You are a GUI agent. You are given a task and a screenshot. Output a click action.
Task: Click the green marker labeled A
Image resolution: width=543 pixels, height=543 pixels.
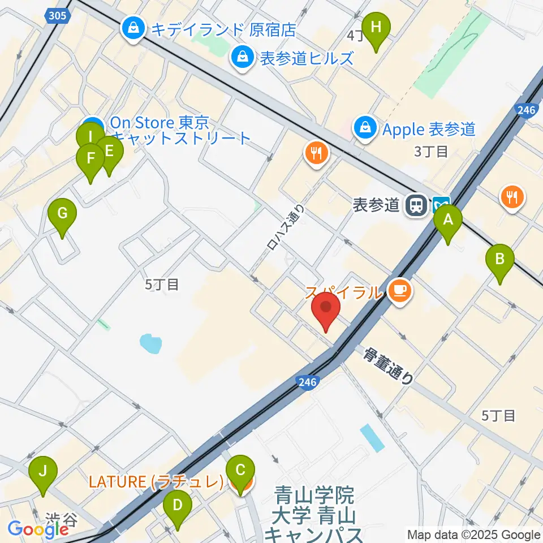(x=448, y=221)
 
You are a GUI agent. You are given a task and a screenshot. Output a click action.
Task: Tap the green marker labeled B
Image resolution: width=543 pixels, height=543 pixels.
(x=500, y=260)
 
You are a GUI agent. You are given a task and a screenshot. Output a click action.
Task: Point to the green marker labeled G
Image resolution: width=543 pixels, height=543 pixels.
(x=62, y=214)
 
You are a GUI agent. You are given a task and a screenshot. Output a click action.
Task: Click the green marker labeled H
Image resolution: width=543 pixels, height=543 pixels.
(x=376, y=27)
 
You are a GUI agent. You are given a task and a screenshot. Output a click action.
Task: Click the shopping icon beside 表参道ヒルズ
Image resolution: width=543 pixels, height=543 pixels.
(x=242, y=57)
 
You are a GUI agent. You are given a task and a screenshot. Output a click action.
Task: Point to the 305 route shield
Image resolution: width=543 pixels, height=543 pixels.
(x=58, y=17)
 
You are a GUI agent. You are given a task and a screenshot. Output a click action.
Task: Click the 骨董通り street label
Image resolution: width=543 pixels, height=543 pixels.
(x=389, y=367)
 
